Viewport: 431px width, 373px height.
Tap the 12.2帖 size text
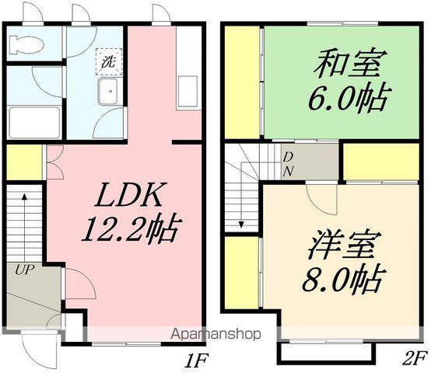[131, 228]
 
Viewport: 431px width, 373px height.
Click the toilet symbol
[25, 44]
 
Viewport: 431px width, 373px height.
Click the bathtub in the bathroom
[34, 122]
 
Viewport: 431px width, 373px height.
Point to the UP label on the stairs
[21, 270]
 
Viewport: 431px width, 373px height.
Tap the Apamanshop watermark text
[215, 335]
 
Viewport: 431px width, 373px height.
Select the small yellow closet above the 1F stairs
[24, 161]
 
